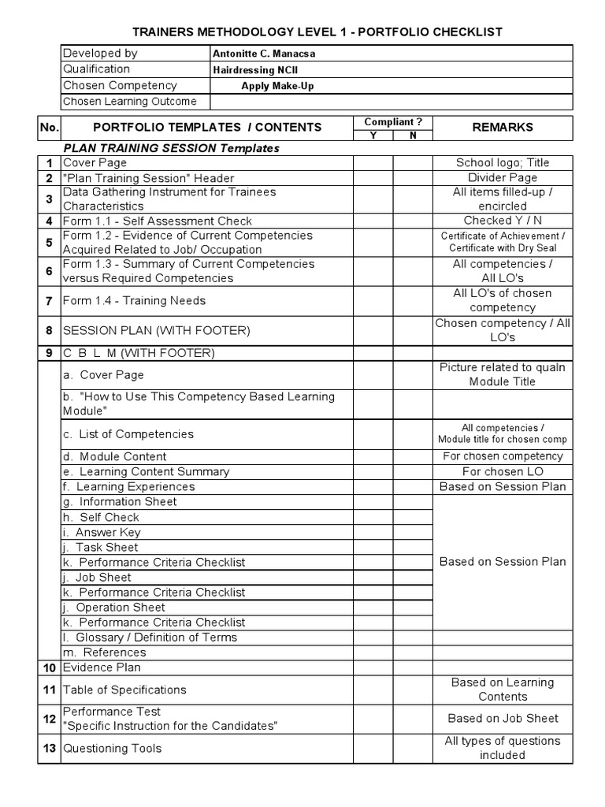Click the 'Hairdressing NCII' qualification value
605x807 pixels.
[x=255, y=70]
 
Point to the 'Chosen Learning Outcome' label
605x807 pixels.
[x=129, y=102]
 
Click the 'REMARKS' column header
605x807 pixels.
[x=502, y=127]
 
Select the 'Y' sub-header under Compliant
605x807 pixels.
[x=373, y=136]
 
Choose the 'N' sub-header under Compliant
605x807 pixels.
[x=413, y=136]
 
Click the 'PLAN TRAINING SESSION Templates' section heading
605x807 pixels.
[x=171, y=148]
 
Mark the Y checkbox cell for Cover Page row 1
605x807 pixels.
[x=373, y=163]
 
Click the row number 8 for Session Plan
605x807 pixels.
[x=49, y=330]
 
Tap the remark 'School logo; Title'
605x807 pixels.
[x=502, y=163]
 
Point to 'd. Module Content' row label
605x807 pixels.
[x=114, y=456]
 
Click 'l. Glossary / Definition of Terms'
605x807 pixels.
[x=150, y=638]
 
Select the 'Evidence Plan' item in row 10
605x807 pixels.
[x=102, y=668]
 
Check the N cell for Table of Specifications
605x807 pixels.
[x=413, y=690]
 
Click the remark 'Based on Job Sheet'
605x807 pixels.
[x=502, y=718]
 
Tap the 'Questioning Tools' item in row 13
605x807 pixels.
[x=112, y=748]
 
